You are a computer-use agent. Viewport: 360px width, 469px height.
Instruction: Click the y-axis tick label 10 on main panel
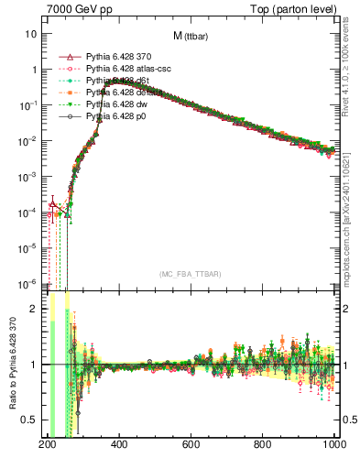coord(31,34)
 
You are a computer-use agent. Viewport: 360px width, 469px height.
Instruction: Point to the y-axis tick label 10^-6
coord(28,283)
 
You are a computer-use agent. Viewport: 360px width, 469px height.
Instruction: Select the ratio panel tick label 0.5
coord(32,420)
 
